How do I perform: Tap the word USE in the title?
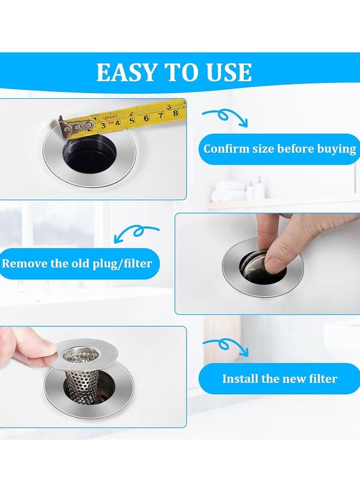[x=229, y=73]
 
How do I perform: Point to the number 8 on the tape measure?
[x=175, y=113]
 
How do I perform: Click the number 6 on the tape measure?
[x=146, y=117]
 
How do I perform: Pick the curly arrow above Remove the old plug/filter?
[x=136, y=233]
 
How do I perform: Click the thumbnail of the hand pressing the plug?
[x=267, y=264]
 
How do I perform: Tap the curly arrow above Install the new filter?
[x=225, y=346]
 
